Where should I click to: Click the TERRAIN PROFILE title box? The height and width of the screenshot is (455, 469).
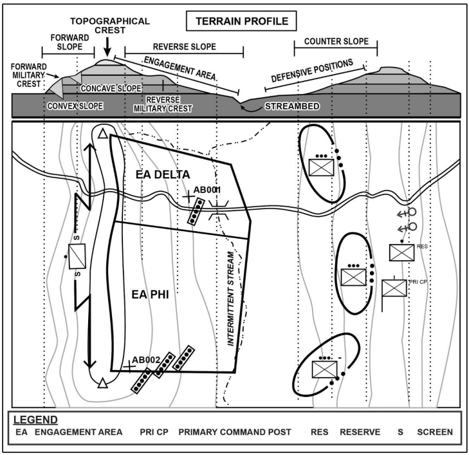pyautogui.click(x=241, y=21)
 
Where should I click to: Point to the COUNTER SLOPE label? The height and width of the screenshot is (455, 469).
pyautogui.click(x=336, y=41)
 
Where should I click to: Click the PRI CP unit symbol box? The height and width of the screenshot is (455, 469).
pyautogui.click(x=394, y=288)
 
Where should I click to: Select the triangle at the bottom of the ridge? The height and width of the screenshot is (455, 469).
pyautogui.click(x=102, y=384)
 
